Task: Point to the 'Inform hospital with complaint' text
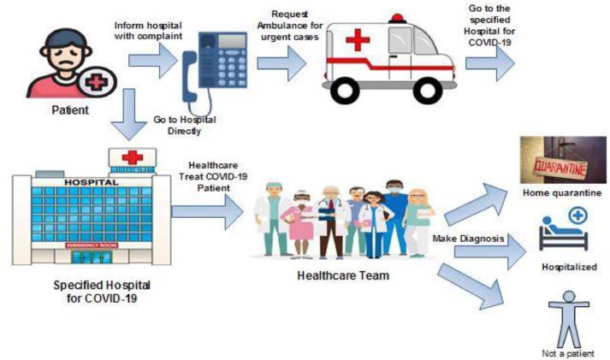pos(150,29)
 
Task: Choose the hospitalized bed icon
pos(564,233)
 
